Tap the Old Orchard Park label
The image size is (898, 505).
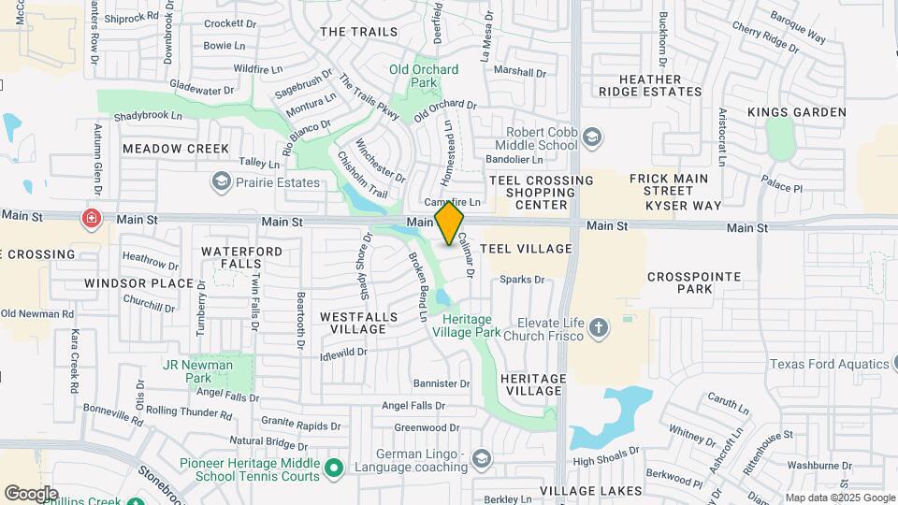point(425,76)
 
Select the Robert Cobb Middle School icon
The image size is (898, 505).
point(591,138)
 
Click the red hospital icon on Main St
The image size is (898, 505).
point(92,219)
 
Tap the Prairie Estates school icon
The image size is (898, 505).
point(222,180)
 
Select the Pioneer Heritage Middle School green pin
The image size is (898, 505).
point(335,466)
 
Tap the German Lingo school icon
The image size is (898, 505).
point(481,457)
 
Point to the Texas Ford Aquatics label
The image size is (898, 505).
point(833,364)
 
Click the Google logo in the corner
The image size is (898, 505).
point(31,493)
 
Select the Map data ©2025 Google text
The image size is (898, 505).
point(840,498)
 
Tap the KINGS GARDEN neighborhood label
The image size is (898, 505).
point(797,112)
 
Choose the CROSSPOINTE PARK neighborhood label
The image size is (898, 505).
point(693,283)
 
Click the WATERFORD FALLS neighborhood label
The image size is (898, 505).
point(231,258)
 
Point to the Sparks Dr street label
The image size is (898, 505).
point(522,280)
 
